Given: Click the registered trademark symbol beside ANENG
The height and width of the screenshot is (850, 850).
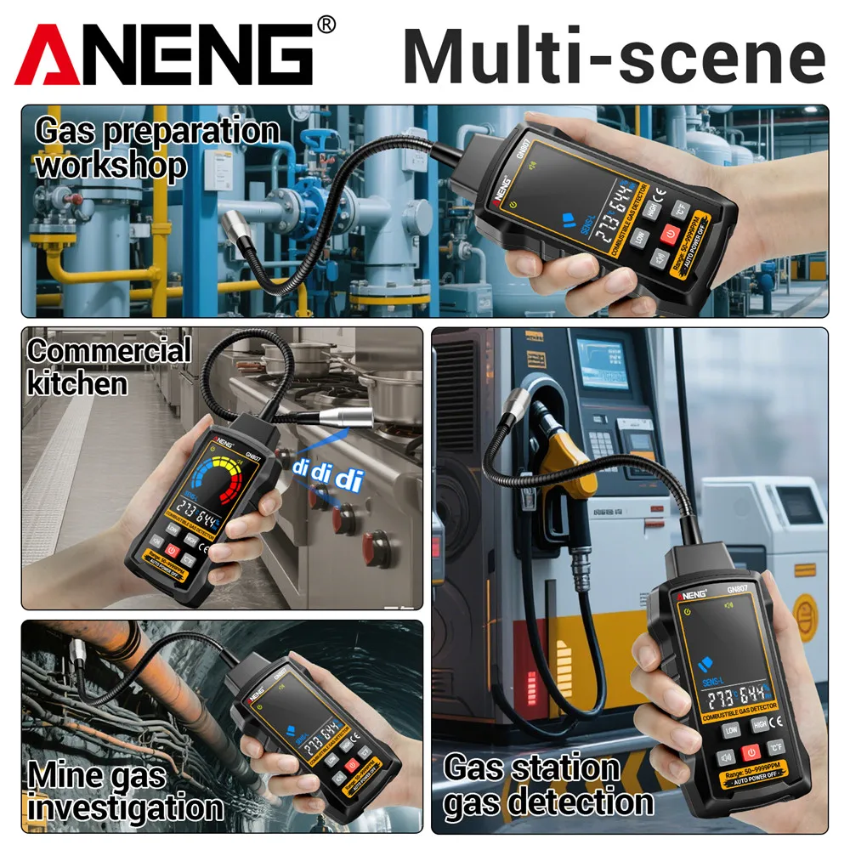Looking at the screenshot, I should coord(326,25).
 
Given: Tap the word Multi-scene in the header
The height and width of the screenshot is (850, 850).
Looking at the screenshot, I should coord(614,56).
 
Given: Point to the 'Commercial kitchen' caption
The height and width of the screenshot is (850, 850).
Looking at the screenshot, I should coord(109,366).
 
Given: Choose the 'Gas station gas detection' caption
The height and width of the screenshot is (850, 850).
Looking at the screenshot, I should coord(548,785).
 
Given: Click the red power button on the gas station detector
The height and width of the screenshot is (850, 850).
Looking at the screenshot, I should coord(750,752).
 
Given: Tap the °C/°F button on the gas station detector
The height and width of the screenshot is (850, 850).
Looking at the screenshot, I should coord(775,747).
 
